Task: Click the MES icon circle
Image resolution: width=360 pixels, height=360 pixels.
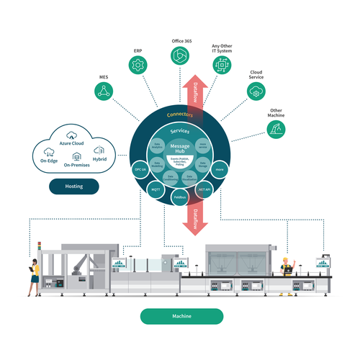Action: (104, 90)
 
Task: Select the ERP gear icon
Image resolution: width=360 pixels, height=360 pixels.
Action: (138, 66)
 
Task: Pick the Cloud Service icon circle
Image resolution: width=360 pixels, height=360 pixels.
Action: (256, 91)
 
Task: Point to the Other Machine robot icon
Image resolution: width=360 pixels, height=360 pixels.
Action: (275, 129)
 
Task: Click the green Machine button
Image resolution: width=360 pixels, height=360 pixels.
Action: (181, 316)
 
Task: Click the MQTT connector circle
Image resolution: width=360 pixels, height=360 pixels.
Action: (155, 189)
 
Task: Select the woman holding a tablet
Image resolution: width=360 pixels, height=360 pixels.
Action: (33, 276)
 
